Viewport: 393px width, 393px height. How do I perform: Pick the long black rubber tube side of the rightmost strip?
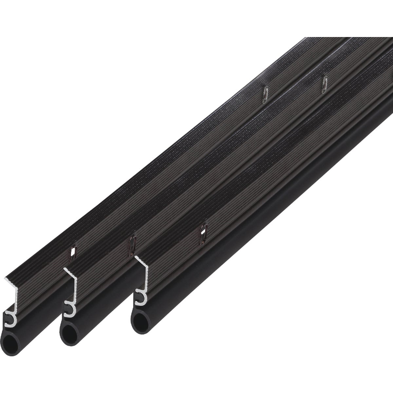click(x=262, y=226)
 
